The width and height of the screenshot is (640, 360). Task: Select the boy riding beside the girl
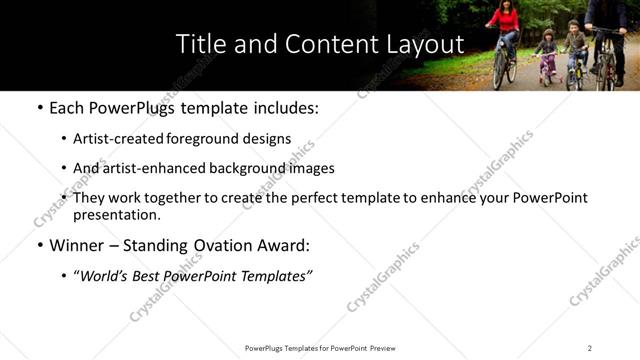pyautogui.click(x=574, y=45)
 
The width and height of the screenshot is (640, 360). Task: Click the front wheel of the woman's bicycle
pyautogui.click(x=499, y=70)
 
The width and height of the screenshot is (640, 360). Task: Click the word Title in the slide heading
pyautogui.click(x=200, y=44)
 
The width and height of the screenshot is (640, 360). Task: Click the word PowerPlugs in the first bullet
pyautogui.click(x=128, y=107)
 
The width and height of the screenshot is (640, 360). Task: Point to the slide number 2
pyautogui.click(x=589, y=348)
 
